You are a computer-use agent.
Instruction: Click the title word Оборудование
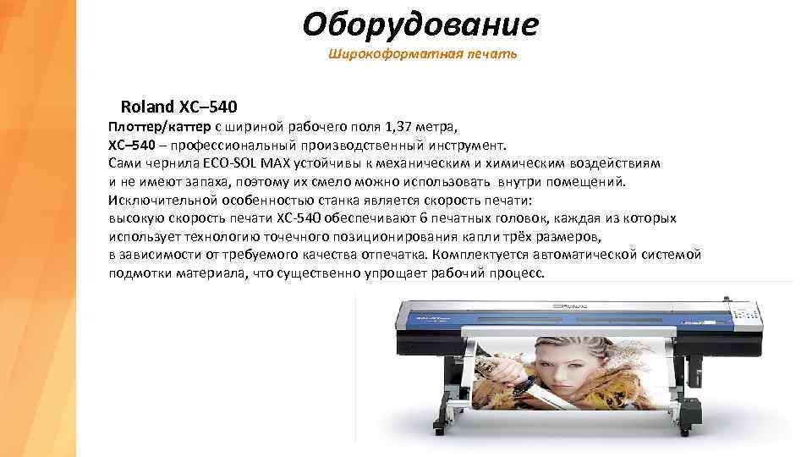point(420,25)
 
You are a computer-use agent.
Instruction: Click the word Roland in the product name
point(147,107)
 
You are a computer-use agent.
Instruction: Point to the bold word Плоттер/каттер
point(159,127)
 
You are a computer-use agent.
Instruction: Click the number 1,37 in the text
point(401,127)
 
